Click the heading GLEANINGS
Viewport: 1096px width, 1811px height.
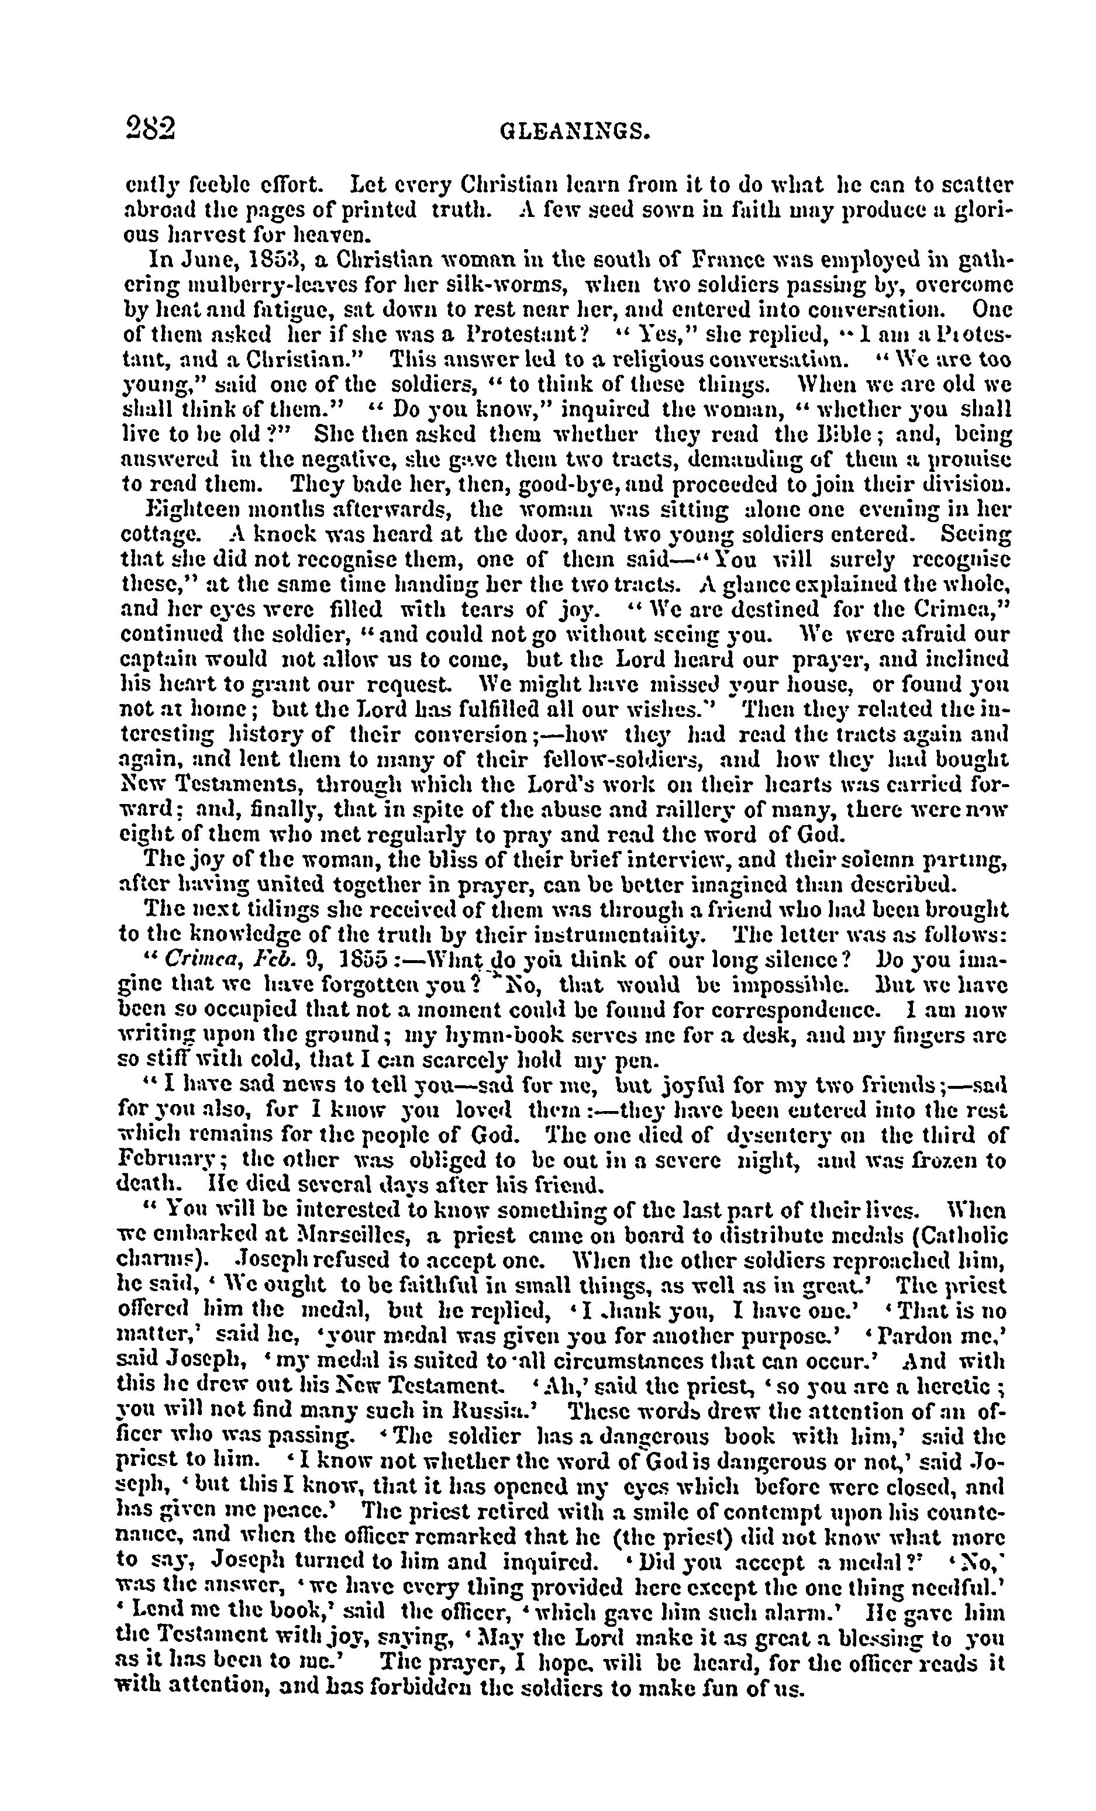click(575, 132)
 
